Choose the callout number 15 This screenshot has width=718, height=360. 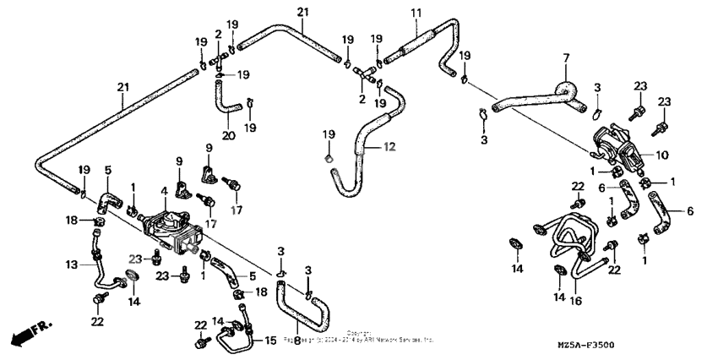click(x=270, y=341)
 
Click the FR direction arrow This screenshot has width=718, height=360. click(x=26, y=333)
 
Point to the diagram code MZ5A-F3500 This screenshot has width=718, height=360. click(x=657, y=345)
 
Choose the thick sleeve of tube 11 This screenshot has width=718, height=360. click(x=411, y=41)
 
